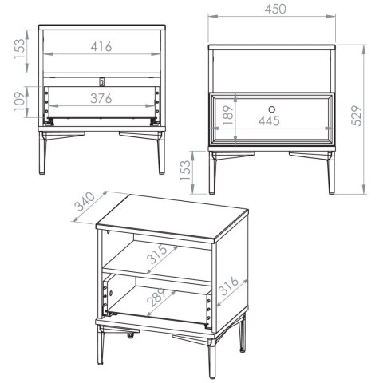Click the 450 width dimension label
tap(275, 9)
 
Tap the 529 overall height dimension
tap(357, 116)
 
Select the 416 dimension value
tap(101, 47)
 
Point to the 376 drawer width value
tap(101, 98)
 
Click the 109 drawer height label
tap(20, 102)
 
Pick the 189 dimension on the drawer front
tap(228, 116)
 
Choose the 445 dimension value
tap(269, 121)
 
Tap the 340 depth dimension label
tap(85, 201)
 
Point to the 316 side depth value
tap(230, 286)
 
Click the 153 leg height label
tap(185, 171)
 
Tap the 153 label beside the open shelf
tap(20, 49)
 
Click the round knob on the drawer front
tap(271, 109)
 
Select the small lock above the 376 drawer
tap(102, 82)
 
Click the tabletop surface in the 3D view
tap(173, 215)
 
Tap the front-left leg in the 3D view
tap(101, 345)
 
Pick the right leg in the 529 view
tap(331, 173)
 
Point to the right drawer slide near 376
tap(157, 106)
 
